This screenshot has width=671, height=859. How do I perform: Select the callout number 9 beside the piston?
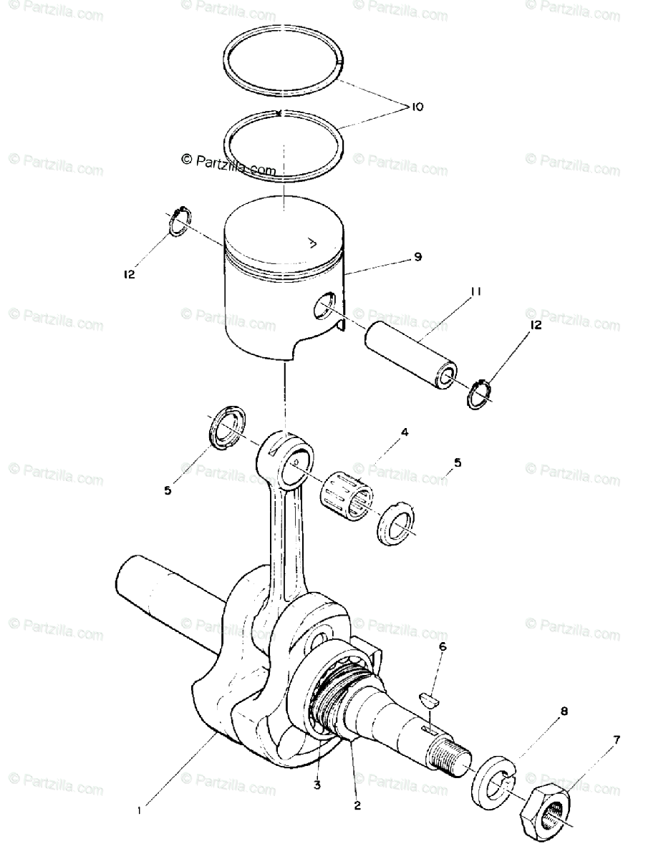[x=417, y=256]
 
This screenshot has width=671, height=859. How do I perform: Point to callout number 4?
[x=405, y=432]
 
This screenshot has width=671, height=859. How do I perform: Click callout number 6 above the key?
[x=442, y=647]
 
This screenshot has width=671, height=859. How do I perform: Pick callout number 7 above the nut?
[x=617, y=739]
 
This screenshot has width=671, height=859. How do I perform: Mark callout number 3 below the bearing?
[x=317, y=785]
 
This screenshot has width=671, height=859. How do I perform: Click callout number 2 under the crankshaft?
[x=356, y=805]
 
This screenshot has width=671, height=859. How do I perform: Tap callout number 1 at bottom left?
[x=140, y=810]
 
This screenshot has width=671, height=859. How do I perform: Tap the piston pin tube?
[x=410, y=355]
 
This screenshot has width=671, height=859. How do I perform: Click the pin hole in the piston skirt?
[x=324, y=306]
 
